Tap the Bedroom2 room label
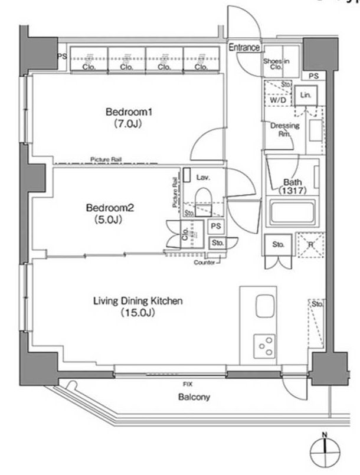[x=111, y=208]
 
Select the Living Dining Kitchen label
[x=138, y=301]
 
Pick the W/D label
[x=277, y=100]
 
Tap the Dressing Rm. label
[x=284, y=129]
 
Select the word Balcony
[x=194, y=397]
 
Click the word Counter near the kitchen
[x=204, y=262]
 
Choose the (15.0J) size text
[x=138, y=313]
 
